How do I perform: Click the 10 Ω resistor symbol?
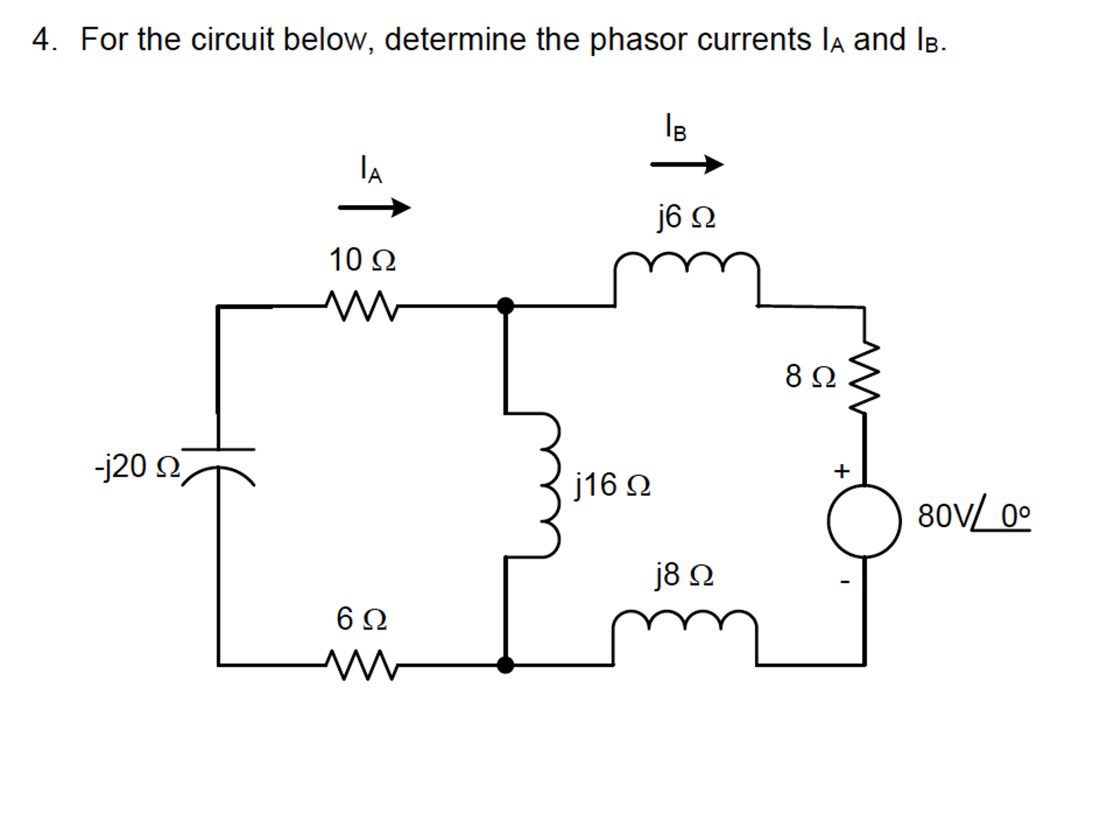click(361, 306)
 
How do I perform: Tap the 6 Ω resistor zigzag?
click(361, 665)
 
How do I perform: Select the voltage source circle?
click(864, 521)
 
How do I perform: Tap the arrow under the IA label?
click(374, 207)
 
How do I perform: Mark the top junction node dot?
click(505, 306)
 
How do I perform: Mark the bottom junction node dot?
click(505, 665)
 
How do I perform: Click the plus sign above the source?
click(841, 471)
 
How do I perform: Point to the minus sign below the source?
click(845, 582)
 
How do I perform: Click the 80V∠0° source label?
click(973, 516)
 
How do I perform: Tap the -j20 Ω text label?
click(137, 466)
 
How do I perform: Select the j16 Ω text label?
click(612, 485)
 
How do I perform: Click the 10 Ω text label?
click(362, 260)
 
